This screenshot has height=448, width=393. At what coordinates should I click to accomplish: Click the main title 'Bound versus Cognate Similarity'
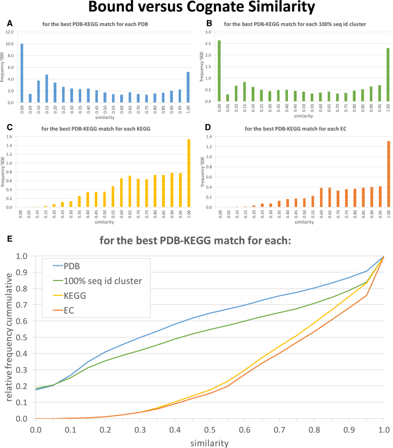(196, 9)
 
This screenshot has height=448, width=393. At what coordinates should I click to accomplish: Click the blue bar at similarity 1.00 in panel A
(188, 87)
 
